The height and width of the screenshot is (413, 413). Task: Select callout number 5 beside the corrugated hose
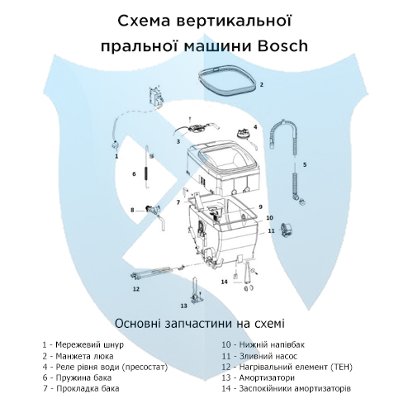[305, 165]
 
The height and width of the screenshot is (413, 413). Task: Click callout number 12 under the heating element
[136, 290]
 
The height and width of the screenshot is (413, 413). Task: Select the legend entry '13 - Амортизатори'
[263, 376]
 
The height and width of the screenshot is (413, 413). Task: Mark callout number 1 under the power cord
[116, 155]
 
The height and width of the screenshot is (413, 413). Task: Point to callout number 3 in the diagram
[178, 141]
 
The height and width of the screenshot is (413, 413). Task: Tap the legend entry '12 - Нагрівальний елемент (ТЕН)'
[286, 365]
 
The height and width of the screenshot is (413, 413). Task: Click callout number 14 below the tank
[224, 282]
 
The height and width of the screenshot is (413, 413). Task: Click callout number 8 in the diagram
[131, 210]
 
